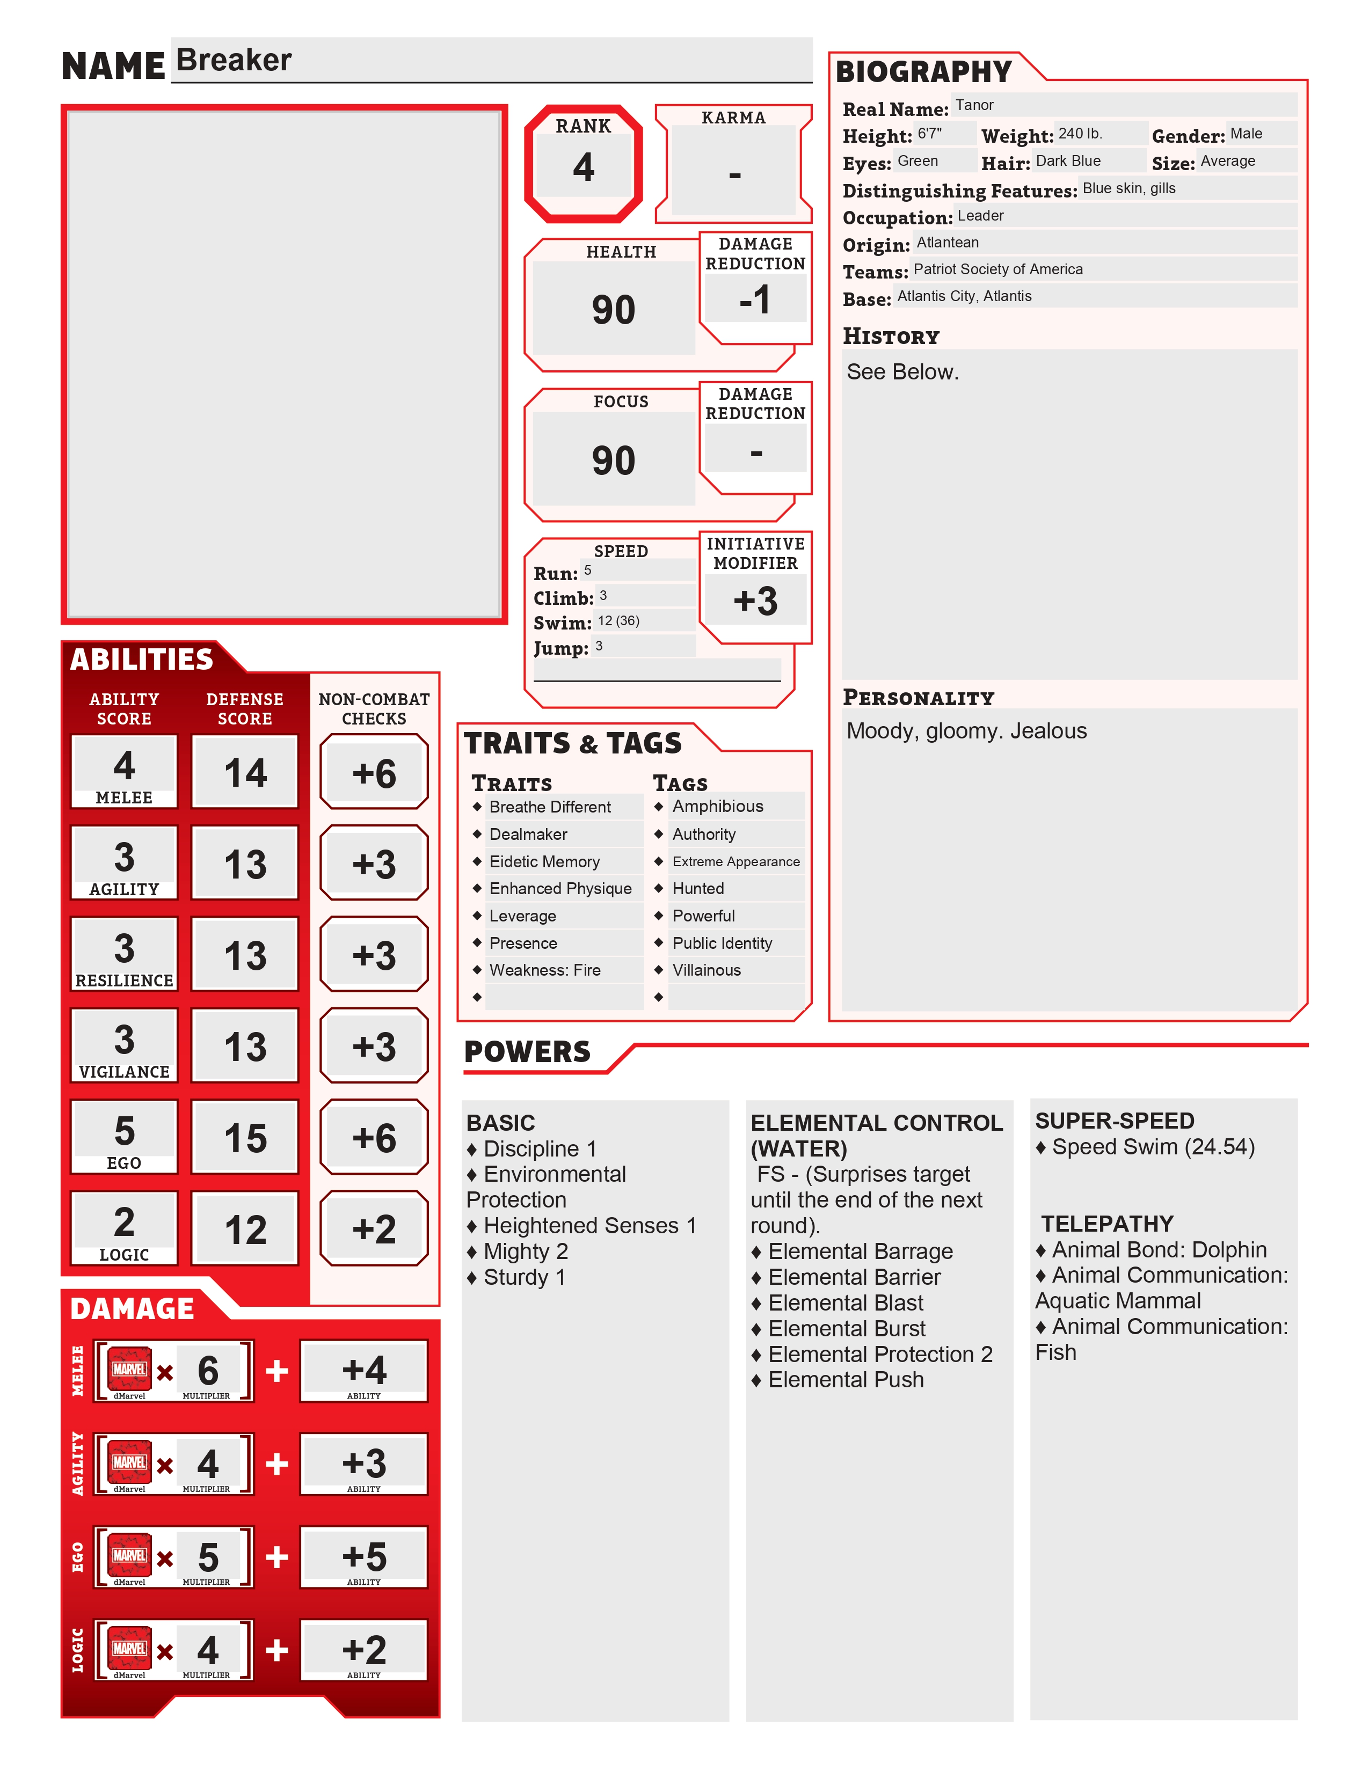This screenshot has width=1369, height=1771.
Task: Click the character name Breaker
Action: click(x=234, y=61)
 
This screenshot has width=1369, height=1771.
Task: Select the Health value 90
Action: click(x=613, y=310)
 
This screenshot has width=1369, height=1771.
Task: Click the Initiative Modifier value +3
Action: click(x=755, y=602)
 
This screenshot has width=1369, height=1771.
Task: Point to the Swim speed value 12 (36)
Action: click(x=619, y=621)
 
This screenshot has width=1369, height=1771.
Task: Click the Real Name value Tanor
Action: click(x=974, y=105)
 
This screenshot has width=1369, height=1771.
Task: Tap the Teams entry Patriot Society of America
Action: click(x=997, y=269)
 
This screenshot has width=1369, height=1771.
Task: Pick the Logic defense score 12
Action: click(x=245, y=1230)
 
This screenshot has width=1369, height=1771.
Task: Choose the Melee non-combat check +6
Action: click(x=374, y=773)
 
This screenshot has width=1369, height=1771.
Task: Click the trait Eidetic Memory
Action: click(x=544, y=862)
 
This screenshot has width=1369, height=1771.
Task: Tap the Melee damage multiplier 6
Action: click(x=208, y=1371)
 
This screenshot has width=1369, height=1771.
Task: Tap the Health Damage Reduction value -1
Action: click(x=755, y=300)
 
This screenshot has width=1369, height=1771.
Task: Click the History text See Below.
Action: click(x=902, y=372)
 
